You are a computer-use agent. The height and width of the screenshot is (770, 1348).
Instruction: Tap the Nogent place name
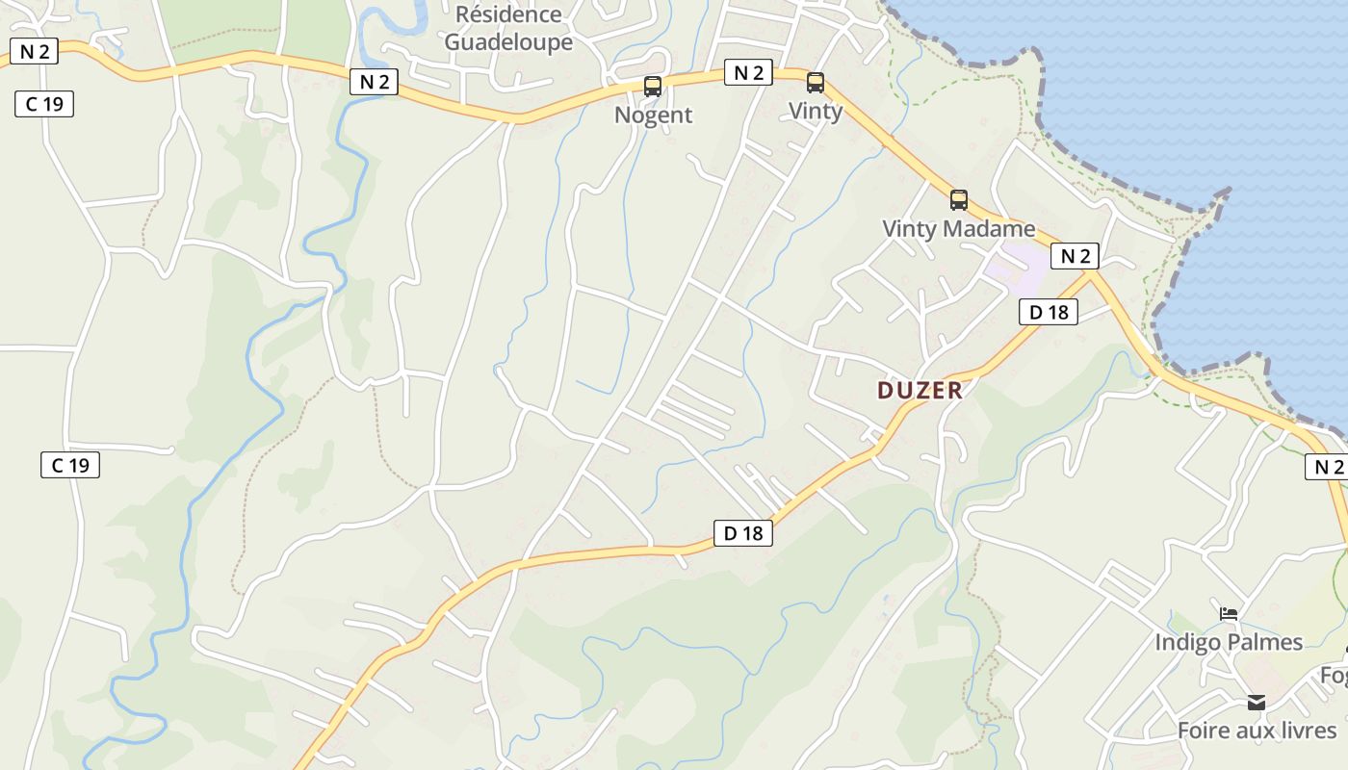(653, 115)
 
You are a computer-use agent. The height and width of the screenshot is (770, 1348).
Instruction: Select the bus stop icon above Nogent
(653, 87)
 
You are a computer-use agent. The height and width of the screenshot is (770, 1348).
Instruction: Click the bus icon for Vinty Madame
(959, 200)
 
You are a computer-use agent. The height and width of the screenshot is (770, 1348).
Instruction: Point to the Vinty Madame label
(959, 229)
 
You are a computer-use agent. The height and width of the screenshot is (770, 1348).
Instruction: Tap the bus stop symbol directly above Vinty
(816, 83)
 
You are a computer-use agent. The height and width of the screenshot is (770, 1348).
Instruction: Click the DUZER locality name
(920, 390)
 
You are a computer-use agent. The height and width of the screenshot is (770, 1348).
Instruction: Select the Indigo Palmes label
(1229, 642)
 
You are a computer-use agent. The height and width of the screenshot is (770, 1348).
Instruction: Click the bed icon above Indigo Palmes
(1229, 613)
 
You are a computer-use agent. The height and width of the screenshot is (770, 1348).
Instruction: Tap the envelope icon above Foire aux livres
(1257, 703)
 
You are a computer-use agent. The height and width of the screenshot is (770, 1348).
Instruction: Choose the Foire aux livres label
(1257, 731)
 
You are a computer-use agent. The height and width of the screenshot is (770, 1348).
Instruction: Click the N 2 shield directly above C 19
(34, 52)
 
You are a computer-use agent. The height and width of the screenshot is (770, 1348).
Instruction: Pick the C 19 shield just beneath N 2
(44, 104)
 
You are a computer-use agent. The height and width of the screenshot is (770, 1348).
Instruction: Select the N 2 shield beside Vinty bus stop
(748, 72)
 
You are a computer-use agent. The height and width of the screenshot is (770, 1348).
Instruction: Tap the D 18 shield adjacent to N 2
(1049, 312)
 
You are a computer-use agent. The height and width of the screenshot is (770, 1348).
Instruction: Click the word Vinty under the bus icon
(816, 111)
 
